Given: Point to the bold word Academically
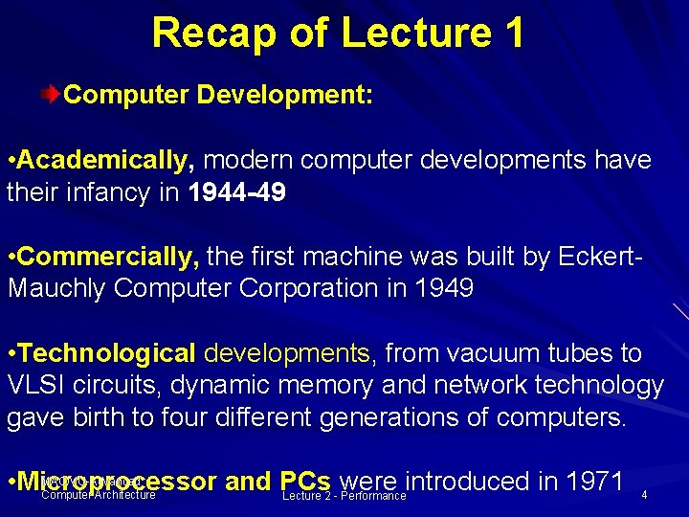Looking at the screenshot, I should (x=105, y=159).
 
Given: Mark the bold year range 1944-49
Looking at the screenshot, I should (x=237, y=192).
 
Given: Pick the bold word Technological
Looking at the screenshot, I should (x=106, y=353).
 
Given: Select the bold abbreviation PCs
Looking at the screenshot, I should (x=306, y=482).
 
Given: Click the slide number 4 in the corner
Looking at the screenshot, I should (x=644, y=495).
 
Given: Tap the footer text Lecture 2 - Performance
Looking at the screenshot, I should (x=344, y=496).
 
